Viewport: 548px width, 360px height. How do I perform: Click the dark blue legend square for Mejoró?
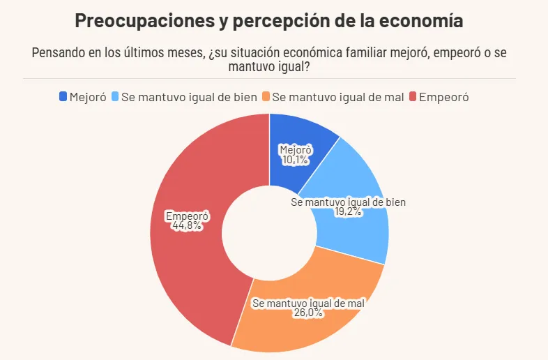coord(63,97)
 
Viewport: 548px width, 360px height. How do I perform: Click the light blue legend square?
coord(115,97)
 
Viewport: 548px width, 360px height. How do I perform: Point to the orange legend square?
coord(266,97)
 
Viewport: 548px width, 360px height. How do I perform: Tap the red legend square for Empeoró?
coord(413,97)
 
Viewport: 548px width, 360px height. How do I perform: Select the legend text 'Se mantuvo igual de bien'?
coord(189,97)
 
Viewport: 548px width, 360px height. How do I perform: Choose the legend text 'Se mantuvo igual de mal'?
coord(337,97)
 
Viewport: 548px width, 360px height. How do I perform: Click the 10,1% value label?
coord(295,160)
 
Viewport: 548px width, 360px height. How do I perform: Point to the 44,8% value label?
coord(186,225)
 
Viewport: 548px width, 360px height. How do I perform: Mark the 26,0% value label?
coord(308,313)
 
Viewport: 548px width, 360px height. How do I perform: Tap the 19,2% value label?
coord(348,211)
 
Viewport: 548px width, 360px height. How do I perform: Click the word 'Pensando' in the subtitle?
coord(59,54)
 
